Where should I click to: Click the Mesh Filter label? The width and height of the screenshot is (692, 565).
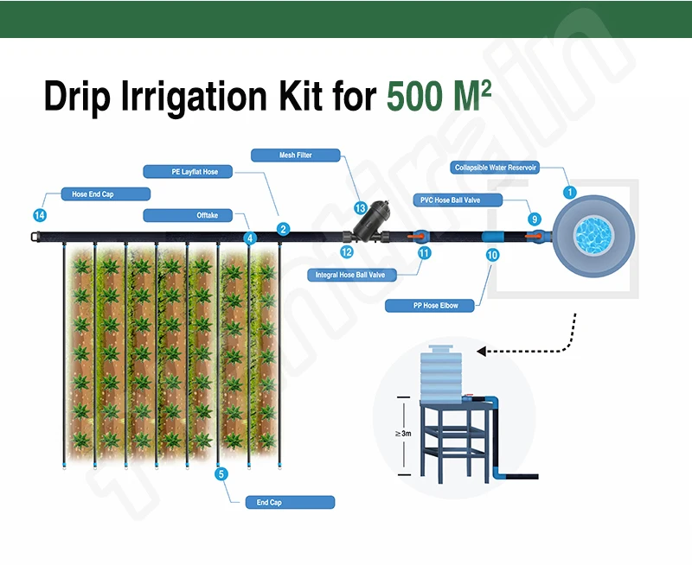(x=295, y=156)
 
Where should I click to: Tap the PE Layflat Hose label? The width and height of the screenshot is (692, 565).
(x=193, y=172)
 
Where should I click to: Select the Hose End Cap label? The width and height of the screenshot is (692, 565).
(x=93, y=194)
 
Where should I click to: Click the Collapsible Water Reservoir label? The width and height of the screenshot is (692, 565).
(x=496, y=168)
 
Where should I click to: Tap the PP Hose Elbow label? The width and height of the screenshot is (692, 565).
(x=435, y=306)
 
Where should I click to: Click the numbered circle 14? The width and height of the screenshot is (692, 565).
(x=39, y=215)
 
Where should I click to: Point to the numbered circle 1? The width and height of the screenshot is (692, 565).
(x=569, y=191)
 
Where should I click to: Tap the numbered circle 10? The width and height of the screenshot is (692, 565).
(x=493, y=255)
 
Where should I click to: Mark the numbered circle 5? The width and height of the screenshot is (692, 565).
(x=221, y=473)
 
